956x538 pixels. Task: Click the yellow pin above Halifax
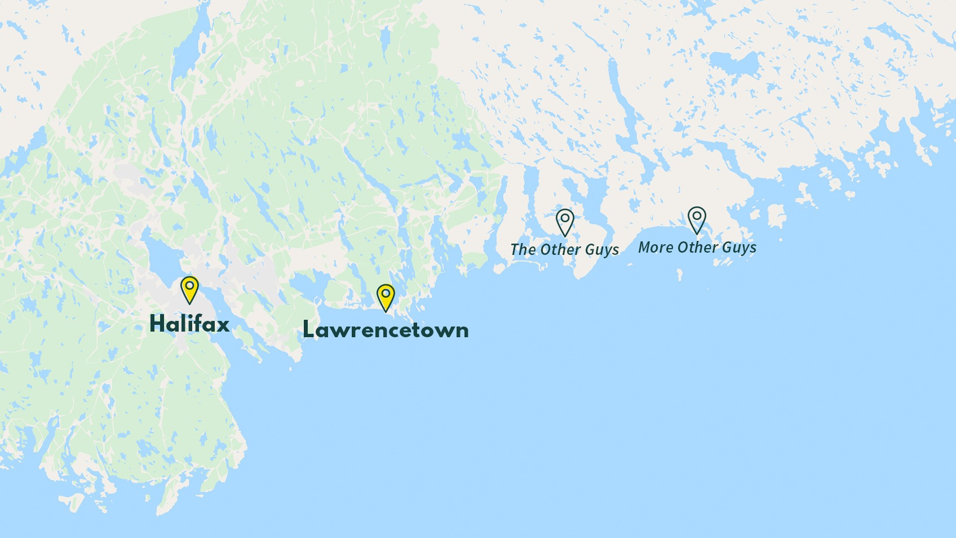click(189, 289)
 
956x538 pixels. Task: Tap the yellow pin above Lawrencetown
click(386, 297)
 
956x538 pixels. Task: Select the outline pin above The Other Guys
click(565, 222)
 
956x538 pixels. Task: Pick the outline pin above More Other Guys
click(697, 219)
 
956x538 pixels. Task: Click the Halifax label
click(189, 324)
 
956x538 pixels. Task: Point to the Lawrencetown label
click(386, 330)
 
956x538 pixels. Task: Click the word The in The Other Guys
click(523, 249)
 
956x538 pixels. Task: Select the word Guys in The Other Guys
click(602, 250)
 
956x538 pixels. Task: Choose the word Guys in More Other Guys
click(739, 248)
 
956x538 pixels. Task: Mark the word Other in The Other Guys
click(560, 249)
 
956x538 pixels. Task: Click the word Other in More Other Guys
click(697, 248)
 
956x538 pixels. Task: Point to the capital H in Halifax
click(158, 324)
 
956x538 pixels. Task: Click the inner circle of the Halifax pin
click(189, 285)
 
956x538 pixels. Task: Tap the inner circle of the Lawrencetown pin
click(386, 293)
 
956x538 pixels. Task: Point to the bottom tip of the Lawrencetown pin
click(386, 311)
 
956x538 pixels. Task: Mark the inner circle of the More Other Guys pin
click(697, 215)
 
